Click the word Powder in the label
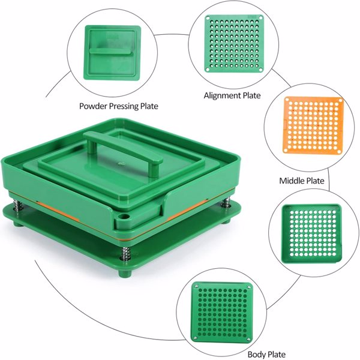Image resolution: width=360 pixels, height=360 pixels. point(93,106)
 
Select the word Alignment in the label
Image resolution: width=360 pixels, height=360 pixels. point(221,95)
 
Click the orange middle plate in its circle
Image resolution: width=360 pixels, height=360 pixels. point(313,125)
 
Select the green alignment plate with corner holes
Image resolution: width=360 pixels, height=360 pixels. point(234,44)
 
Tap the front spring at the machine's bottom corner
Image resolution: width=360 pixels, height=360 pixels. point(125,253)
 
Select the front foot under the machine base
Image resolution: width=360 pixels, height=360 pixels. point(125,273)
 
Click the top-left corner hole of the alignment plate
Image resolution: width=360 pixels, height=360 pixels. point(208,18)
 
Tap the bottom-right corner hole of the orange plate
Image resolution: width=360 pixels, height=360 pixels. point(338,151)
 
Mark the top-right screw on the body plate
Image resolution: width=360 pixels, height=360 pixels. point(249,287)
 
